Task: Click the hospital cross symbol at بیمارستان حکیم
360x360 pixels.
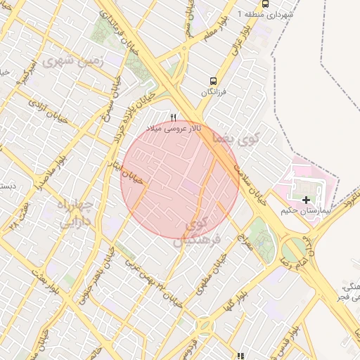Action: pyautogui.click(x=306, y=200)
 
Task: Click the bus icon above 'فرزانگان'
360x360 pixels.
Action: pyautogui.click(x=213, y=81)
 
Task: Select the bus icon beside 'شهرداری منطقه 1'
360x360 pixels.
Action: pyautogui.click(x=264, y=4)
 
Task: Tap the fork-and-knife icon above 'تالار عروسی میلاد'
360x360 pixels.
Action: pyautogui.click(x=174, y=117)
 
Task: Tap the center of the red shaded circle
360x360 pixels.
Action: pyautogui.click(x=180, y=179)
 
